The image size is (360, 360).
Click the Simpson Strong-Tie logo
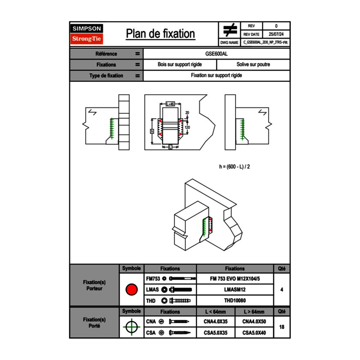point(87,34)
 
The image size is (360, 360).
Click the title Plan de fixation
point(160,34)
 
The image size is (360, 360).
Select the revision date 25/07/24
point(276,34)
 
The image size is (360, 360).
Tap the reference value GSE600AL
point(217,54)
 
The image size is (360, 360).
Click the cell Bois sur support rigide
point(180,65)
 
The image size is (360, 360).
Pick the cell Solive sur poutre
point(253,65)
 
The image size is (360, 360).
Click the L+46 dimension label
point(170,104)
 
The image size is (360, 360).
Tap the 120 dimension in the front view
point(187,127)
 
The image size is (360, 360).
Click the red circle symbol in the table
point(131,290)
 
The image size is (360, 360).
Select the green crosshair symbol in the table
point(131,327)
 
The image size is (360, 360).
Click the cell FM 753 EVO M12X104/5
point(235,279)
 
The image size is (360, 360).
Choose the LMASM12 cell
point(235,290)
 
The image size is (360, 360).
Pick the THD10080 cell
point(235,301)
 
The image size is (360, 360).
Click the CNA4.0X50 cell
point(254,322)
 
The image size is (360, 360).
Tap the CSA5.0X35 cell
point(216,333)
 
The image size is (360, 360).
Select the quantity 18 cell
point(281,327)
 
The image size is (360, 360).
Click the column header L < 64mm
point(216,312)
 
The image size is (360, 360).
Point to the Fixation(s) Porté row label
point(94,323)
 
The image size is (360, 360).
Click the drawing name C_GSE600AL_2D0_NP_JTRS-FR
point(265,42)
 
